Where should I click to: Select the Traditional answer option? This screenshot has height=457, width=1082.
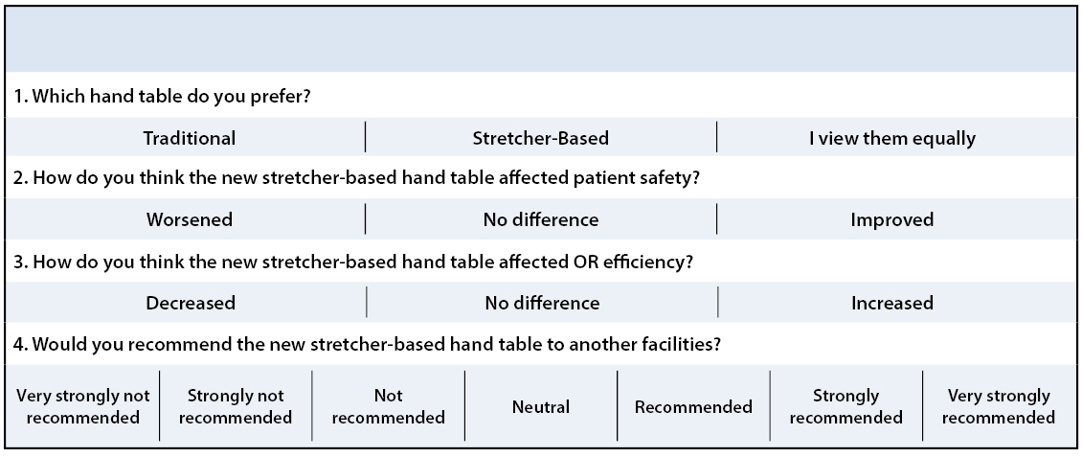point(189,138)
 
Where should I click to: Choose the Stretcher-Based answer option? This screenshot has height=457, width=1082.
point(540,138)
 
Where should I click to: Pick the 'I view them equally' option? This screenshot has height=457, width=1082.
point(892,139)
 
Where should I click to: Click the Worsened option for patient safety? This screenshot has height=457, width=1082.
point(189,219)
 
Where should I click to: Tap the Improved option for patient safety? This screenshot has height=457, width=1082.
point(891,220)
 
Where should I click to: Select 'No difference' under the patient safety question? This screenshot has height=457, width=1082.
point(541,219)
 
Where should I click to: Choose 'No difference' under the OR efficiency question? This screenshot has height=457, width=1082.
point(542,303)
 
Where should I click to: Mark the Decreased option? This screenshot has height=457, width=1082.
point(191,303)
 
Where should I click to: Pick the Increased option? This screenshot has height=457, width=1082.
point(892,303)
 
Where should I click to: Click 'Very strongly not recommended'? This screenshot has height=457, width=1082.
point(82,406)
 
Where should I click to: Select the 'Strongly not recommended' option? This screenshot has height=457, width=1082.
point(236,406)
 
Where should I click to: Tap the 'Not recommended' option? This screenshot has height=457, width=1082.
point(388,406)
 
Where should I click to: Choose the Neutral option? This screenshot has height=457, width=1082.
point(541,407)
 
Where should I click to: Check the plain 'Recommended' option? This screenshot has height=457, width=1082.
point(693,407)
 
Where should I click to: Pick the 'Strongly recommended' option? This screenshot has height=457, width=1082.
point(846,406)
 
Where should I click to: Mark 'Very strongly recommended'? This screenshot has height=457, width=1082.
point(999,406)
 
